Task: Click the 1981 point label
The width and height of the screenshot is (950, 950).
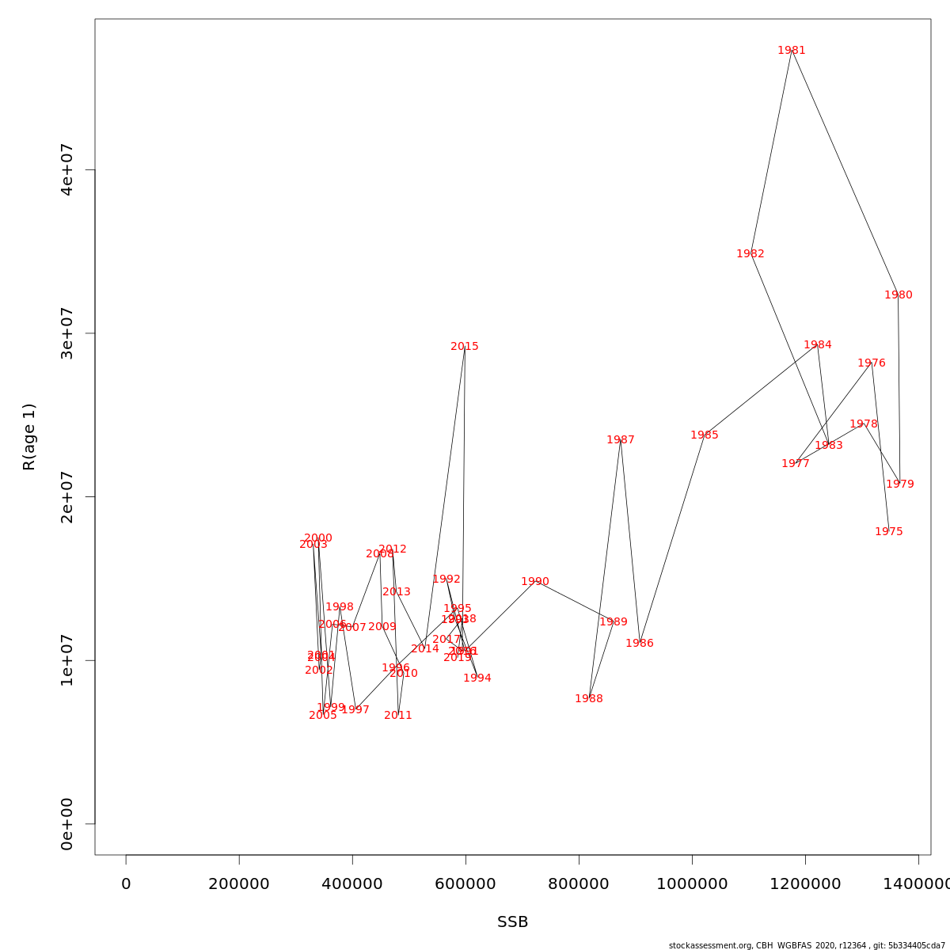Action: point(791,51)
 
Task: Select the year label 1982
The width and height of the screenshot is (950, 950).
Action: point(750,254)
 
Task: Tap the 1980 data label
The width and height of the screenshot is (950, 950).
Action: point(898,295)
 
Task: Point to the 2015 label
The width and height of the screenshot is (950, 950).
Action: point(464,347)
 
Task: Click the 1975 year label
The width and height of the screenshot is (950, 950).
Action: point(888,532)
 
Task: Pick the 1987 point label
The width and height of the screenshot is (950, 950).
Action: point(620,440)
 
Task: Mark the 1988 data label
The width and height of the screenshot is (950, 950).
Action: point(588,699)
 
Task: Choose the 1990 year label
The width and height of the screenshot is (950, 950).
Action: point(534,582)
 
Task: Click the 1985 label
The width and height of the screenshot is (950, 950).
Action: point(704,435)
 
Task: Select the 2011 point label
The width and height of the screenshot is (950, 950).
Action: point(397,716)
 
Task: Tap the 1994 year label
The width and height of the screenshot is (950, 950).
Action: point(477,678)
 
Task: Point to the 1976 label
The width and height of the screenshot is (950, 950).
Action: point(871,363)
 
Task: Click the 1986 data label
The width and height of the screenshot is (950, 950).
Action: point(639,644)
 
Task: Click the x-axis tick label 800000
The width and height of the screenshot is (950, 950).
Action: point(579,884)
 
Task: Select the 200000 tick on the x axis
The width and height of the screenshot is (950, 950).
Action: point(239,884)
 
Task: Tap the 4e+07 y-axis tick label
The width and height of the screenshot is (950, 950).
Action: point(67,169)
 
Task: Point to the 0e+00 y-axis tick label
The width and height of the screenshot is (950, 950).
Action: point(67,823)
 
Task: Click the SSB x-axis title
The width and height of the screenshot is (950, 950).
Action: point(512,922)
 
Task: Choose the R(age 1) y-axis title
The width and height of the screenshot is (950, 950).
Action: point(29,437)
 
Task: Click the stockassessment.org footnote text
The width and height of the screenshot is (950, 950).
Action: point(807,945)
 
